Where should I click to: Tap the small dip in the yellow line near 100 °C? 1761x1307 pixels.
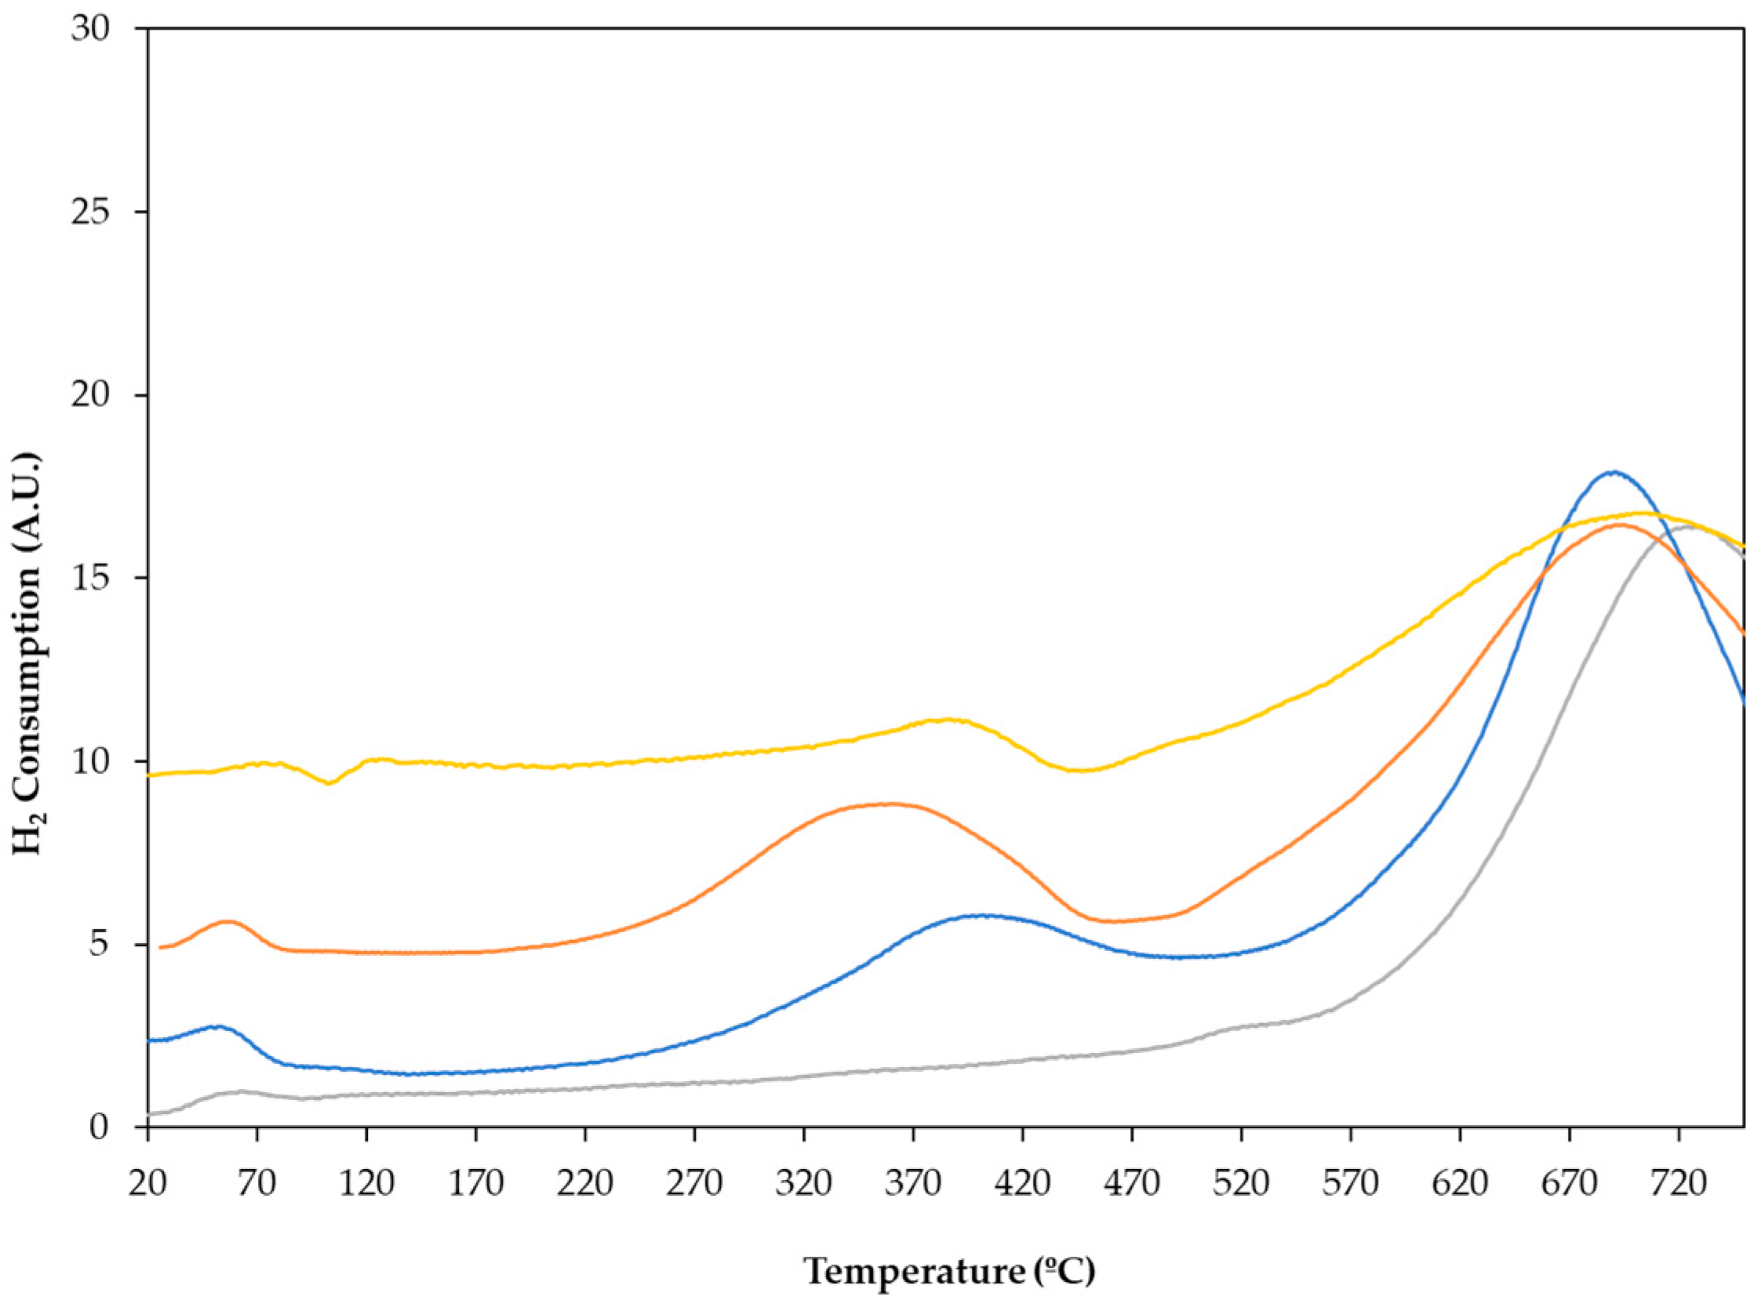coord(329,783)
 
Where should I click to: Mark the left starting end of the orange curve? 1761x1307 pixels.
coord(162,947)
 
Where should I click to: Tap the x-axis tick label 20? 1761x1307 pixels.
coord(148,1185)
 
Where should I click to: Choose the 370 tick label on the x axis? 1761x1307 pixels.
coord(913,1185)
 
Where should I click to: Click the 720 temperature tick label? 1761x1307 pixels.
coord(1679,1185)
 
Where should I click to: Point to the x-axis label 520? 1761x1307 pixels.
coord(1241,1185)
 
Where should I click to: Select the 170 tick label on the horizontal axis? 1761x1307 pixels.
coord(475,1185)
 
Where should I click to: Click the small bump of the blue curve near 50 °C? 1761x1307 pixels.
coord(216,1027)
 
